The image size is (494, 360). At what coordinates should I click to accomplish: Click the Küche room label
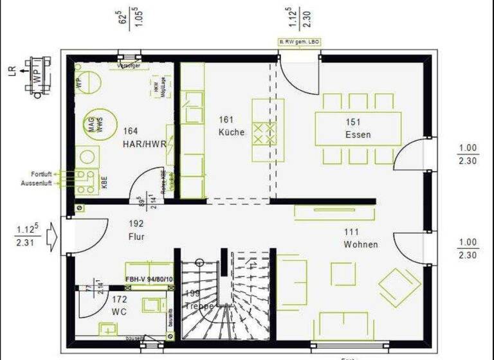(x=231, y=132)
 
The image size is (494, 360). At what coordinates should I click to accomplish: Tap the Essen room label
(x=358, y=134)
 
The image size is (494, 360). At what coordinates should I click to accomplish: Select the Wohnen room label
(x=360, y=244)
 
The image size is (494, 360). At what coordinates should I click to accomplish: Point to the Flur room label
(x=136, y=237)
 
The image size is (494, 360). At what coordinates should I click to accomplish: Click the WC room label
(x=119, y=312)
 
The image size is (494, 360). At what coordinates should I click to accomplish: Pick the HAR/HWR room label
(x=145, y=144)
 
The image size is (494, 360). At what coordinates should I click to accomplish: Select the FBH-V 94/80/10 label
(x=149, y=280)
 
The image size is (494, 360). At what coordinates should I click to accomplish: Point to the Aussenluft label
(x=40, y=183)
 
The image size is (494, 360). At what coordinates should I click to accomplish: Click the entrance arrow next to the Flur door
(x=53, y=237)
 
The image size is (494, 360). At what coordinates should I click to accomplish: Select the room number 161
(x=225, y=120)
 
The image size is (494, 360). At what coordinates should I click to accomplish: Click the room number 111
(x=351, y=231)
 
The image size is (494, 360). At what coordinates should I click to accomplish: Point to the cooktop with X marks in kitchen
(x=264, y=134)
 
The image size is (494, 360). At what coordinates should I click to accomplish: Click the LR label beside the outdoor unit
(x=11, y=71)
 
